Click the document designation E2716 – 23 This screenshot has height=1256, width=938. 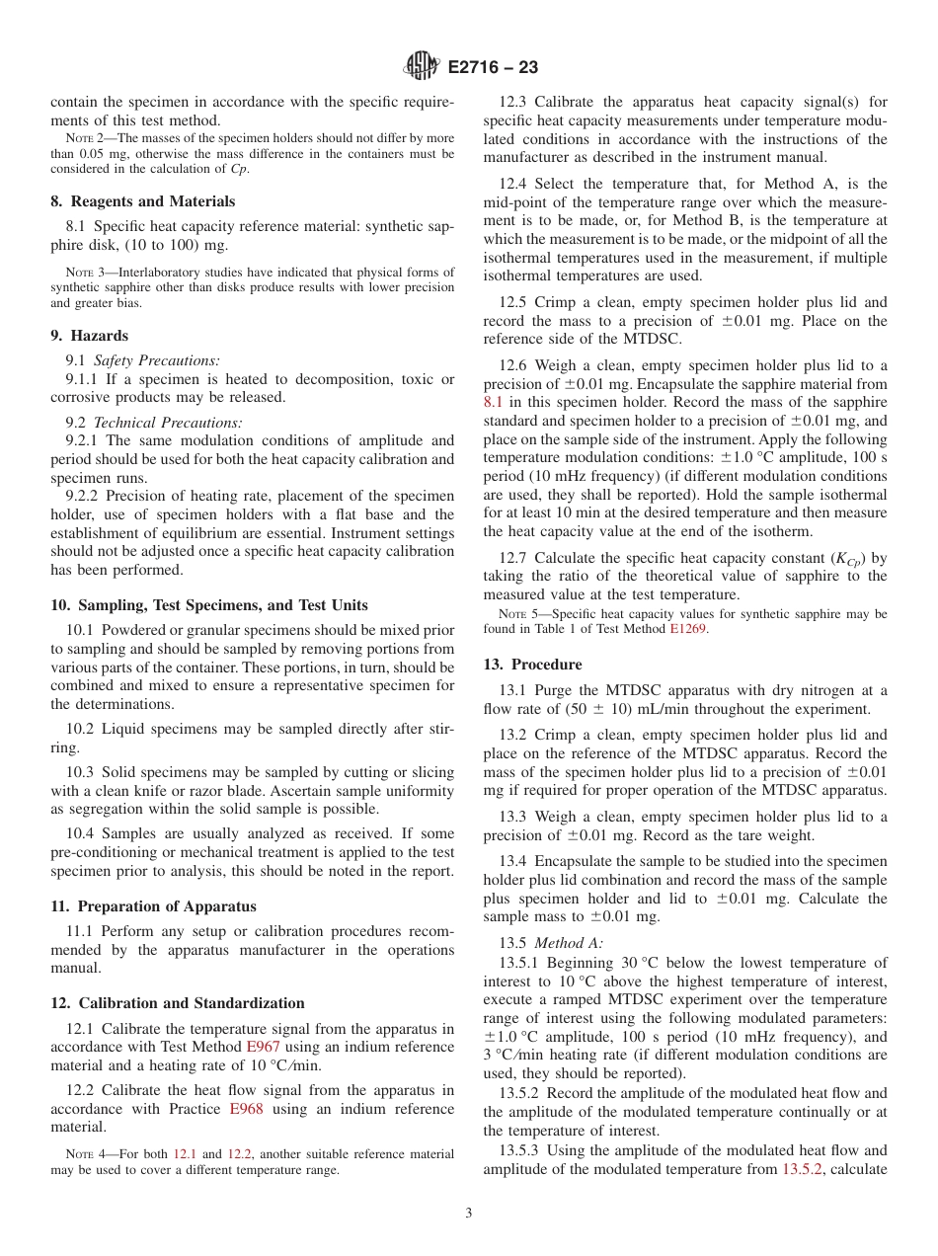(493, 68)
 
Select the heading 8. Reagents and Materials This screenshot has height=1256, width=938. (143, 201)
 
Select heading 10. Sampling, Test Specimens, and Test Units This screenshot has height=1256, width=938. (209, 605)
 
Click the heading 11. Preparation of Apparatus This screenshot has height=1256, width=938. (153, 906)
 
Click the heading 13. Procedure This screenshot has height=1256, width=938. (532, 665)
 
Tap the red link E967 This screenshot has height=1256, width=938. (263, 1047)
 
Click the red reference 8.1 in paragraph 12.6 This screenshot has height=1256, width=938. (493, 402)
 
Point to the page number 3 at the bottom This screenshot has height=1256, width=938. (469, 1214)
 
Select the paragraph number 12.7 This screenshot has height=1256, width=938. (512, 558)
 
